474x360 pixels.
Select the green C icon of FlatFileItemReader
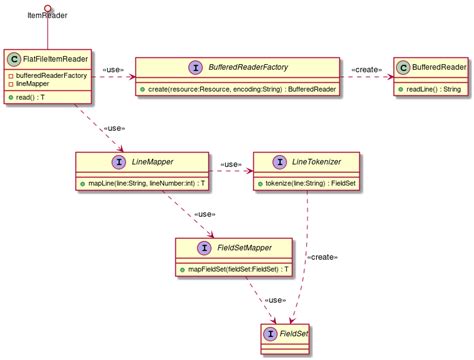tap(15, 60)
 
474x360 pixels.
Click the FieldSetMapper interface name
tap(245, 246)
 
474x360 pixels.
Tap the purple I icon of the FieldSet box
tap(270, 331)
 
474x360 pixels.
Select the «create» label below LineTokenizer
tap(321, 258)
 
